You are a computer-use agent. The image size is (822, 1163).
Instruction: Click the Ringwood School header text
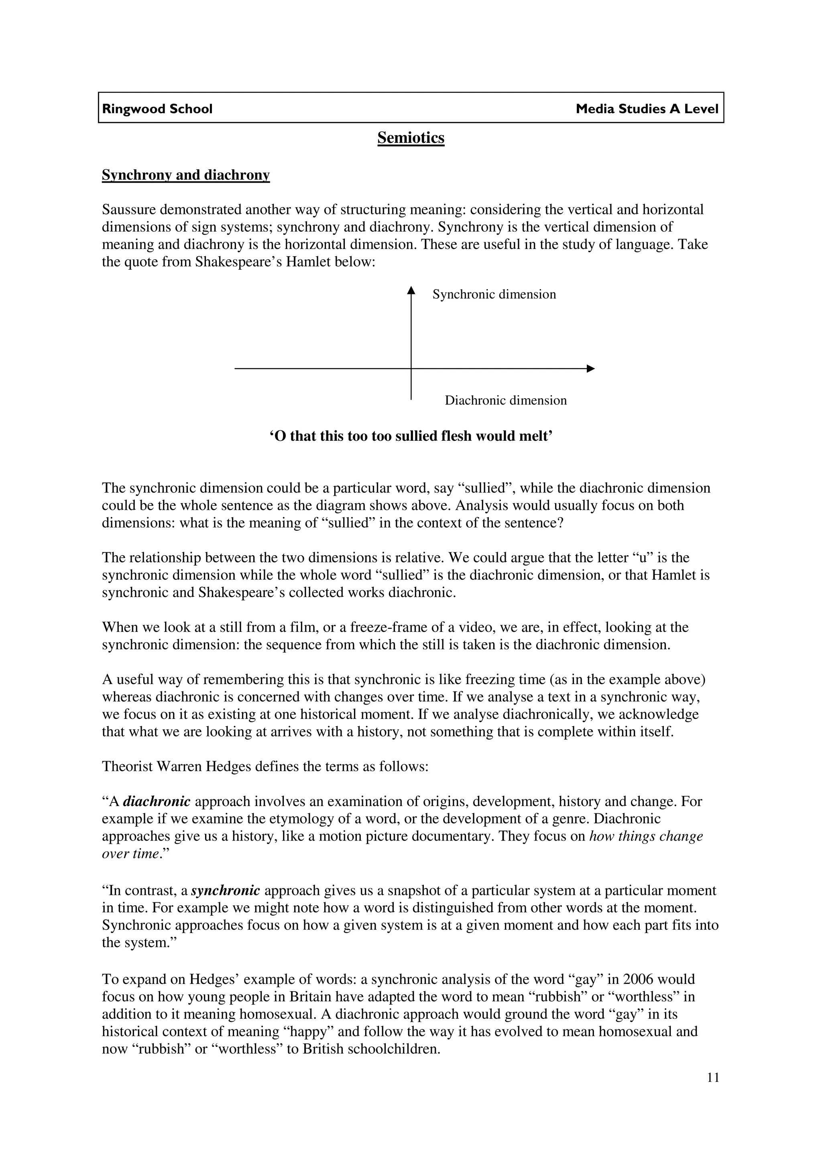157,109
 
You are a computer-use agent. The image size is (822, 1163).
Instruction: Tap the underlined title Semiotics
411,138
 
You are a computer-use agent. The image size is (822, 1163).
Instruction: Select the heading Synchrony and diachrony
185,175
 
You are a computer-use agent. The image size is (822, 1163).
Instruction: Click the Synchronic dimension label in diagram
494,294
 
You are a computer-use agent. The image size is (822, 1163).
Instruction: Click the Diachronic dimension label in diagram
505,400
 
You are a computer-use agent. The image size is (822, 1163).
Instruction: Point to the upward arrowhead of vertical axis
411,290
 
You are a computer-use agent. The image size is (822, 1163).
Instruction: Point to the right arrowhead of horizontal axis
590,369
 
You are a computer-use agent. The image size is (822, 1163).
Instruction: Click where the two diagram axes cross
411,369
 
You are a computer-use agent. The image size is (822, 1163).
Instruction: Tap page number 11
712,1092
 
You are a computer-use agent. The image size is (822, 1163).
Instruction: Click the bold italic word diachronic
157,801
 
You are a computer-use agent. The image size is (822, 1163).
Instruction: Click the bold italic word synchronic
226,890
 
